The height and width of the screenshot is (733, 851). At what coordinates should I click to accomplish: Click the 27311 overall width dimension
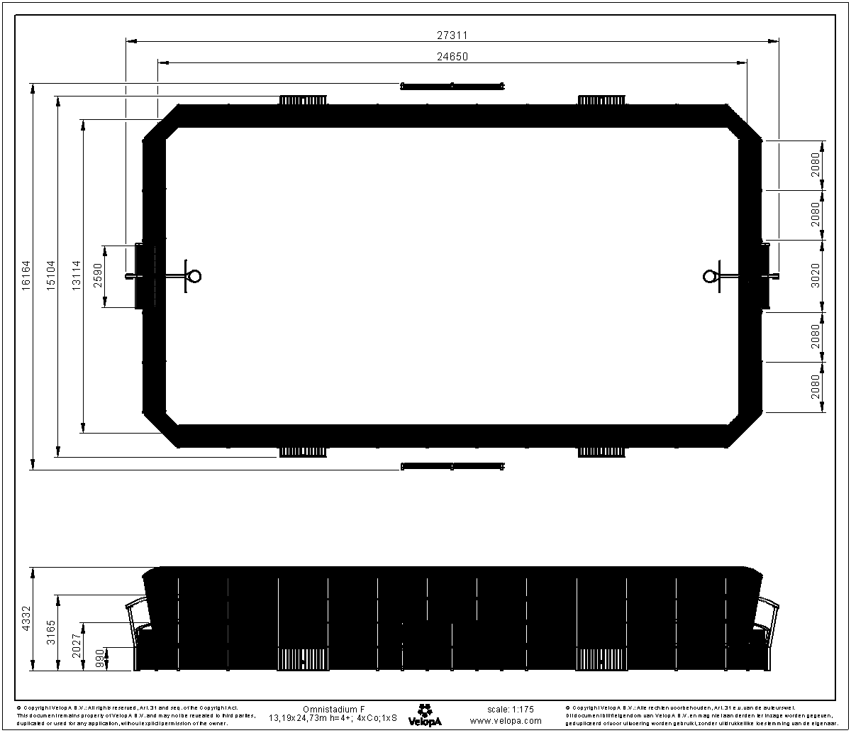(452, 34)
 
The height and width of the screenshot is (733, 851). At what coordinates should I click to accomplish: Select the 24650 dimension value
(452, 57)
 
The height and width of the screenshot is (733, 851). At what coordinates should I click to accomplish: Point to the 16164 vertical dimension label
(26, 275)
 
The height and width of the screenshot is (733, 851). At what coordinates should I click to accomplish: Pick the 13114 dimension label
(77, 275)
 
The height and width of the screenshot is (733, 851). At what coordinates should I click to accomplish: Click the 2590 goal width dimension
(98, 276)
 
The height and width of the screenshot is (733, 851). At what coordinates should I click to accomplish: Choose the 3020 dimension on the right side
(816, 276)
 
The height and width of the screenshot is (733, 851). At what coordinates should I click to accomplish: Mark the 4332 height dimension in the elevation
(26, 618)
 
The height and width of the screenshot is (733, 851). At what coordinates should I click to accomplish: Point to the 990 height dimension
(100, 658)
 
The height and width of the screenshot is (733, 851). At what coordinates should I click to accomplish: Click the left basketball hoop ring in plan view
(194, 276)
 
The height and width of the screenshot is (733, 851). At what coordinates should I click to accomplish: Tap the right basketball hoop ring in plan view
(710, 276)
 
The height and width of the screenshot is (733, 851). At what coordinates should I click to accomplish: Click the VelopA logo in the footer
(425, 715)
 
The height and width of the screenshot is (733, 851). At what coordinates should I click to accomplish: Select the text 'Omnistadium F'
(333, 709)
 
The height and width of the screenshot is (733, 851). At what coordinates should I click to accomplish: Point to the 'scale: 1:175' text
(511, 709)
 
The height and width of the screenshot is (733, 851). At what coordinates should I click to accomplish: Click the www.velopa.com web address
(506, 720)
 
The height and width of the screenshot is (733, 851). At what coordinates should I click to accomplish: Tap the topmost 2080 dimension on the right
(816, 165)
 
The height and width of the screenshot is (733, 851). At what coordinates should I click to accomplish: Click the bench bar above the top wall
(452, 87)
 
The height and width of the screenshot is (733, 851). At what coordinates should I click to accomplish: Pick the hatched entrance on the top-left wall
(303, 100)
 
